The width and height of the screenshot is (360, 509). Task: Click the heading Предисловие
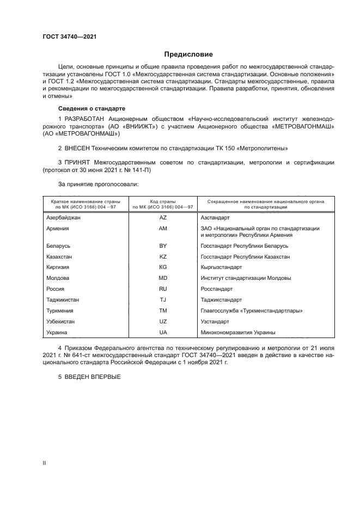click(x=189, y=54)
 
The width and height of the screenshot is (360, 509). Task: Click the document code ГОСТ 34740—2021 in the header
click(x=70, y=38)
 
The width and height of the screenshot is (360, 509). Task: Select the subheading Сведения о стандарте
click(x=91, y=108)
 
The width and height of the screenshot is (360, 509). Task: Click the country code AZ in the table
click(x=162, y=217)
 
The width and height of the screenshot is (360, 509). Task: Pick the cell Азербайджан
click(x=64, y=217)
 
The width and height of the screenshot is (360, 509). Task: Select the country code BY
click(x=162, y=246)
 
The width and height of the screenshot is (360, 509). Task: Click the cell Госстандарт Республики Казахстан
click(x=245, y=256)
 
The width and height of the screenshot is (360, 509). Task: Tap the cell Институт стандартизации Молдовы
click(x=246, y=278)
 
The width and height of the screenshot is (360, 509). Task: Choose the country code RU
click(x=162, y=289)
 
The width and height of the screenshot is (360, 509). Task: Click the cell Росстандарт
click(x=217, y=289)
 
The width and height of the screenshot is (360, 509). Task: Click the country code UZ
click(x=162, y=321)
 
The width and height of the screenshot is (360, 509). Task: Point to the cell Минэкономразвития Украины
click(x=238, y=332)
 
